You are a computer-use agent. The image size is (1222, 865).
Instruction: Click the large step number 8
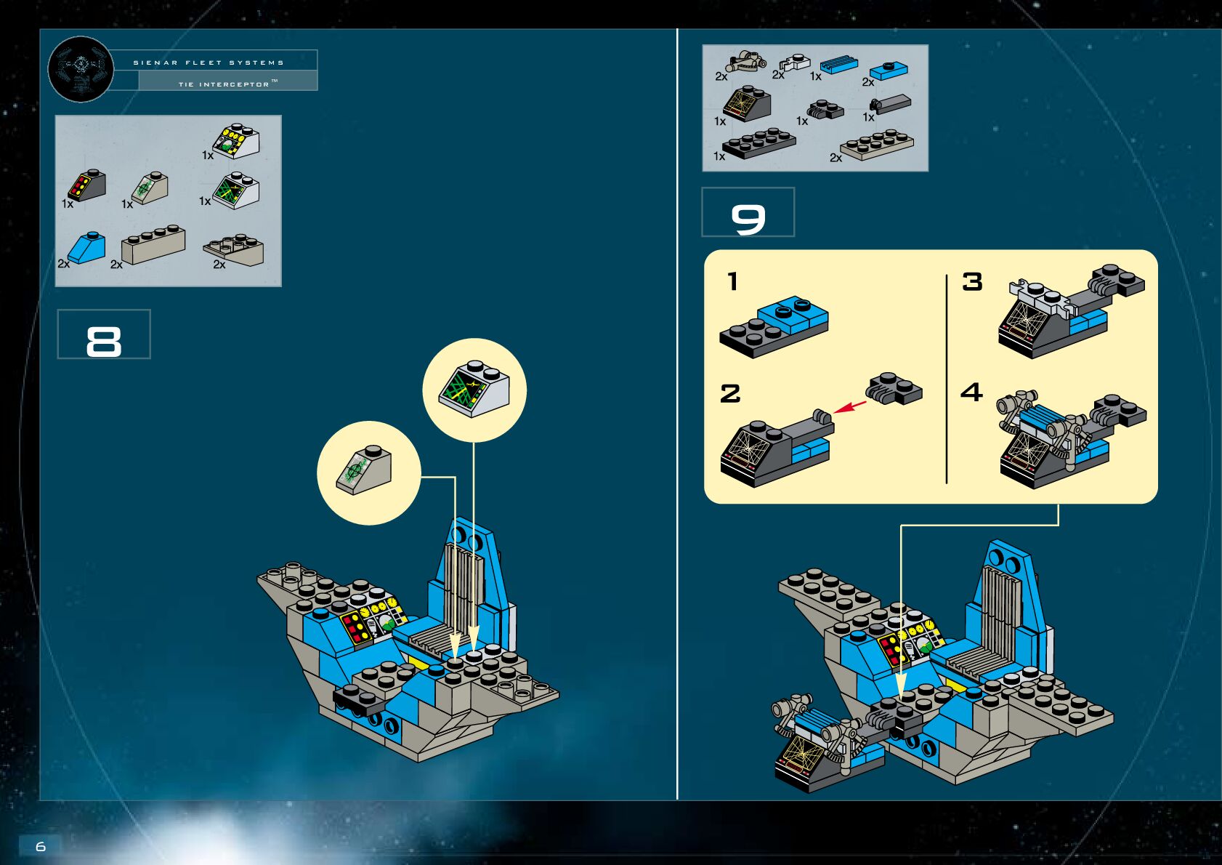[x=104, y=340]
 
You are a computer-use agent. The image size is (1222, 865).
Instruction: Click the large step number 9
[x=748, y=218]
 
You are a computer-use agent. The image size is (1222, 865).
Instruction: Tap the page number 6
[x=41, y=846]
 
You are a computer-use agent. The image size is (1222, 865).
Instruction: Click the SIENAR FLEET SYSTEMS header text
[x=209, y=63]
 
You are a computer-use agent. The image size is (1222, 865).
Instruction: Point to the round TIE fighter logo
[x=80, y=69]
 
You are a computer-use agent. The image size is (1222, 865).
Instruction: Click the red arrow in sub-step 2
[x=850, y=406]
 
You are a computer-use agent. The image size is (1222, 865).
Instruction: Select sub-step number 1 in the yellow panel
[x=732, y=281]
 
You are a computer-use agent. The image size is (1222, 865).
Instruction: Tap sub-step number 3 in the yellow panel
[x=972, y=281]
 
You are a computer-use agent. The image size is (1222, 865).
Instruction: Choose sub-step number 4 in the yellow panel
[x=971, y=393]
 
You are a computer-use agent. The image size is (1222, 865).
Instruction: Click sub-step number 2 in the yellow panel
[x=730, y=393]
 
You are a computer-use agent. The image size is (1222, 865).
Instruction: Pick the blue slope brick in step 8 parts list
[x=88, y=248]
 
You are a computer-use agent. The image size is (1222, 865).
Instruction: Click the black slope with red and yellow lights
[x=87, y=185]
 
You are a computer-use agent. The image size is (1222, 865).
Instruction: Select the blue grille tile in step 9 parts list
[x=839, y=64]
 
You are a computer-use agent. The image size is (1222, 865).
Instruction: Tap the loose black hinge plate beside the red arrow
[x=895, y=388]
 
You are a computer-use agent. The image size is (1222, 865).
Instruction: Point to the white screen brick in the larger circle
[x=474, y=388]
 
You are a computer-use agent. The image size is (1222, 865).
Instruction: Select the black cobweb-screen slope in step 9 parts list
[x=747, y=104]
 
